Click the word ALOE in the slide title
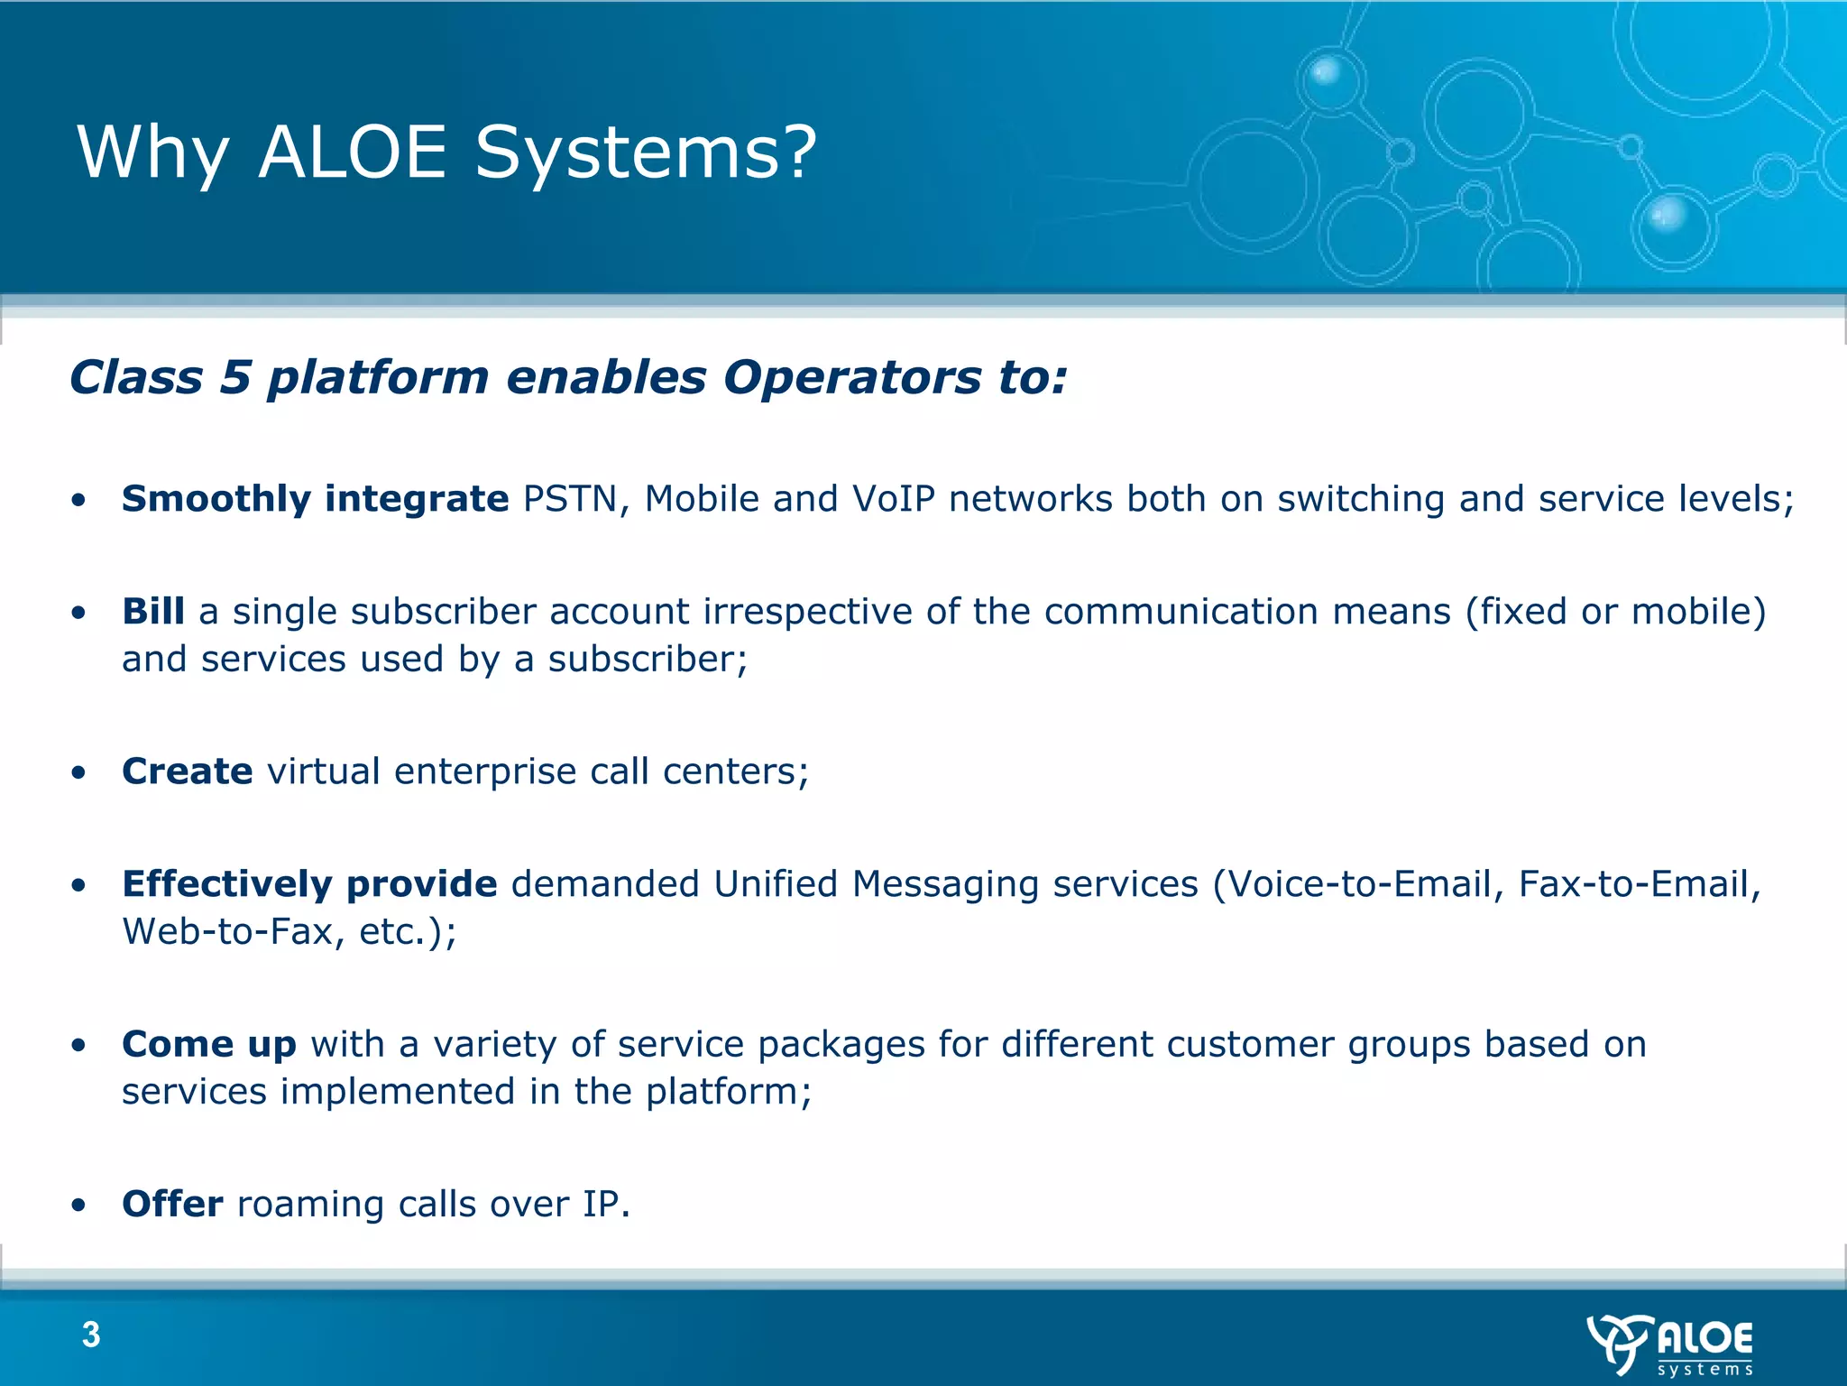coord(353,152)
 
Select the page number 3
coord(91,1335)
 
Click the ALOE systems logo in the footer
coord(1670,1344)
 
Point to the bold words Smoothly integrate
coord(315,499)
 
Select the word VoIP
coord(894,499)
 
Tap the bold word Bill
coord(153,612)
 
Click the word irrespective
coord(807,612)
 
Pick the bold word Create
coord(187,772)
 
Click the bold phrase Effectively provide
coord(309,884)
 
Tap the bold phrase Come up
coord(209,1045)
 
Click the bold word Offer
coord(172,1205)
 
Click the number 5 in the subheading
coord(234,377)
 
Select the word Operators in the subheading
coord(851,377)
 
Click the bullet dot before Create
coord(79,773)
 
